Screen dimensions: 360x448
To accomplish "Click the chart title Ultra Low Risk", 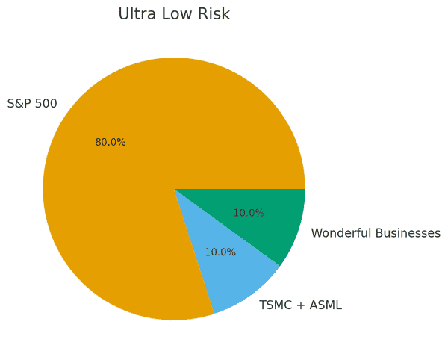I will (x=174, y=14).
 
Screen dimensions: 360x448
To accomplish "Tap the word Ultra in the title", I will (x=135, y=14).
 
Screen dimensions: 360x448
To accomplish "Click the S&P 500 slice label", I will (x=32, y=104).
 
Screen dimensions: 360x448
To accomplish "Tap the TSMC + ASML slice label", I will (x=300, y=305).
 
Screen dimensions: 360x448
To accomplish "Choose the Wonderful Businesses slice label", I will (x=376, y=233).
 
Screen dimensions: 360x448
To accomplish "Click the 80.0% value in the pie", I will (x=111, y=143).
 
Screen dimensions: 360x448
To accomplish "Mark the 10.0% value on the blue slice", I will (x=220, y=252).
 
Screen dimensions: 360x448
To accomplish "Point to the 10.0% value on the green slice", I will (x=249, y=213).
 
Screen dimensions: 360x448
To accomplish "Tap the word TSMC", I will (x=274, y=305).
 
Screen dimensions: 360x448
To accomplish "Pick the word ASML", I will (x=327, y=305).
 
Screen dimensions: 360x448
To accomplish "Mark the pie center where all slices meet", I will (x=174, y=189).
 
